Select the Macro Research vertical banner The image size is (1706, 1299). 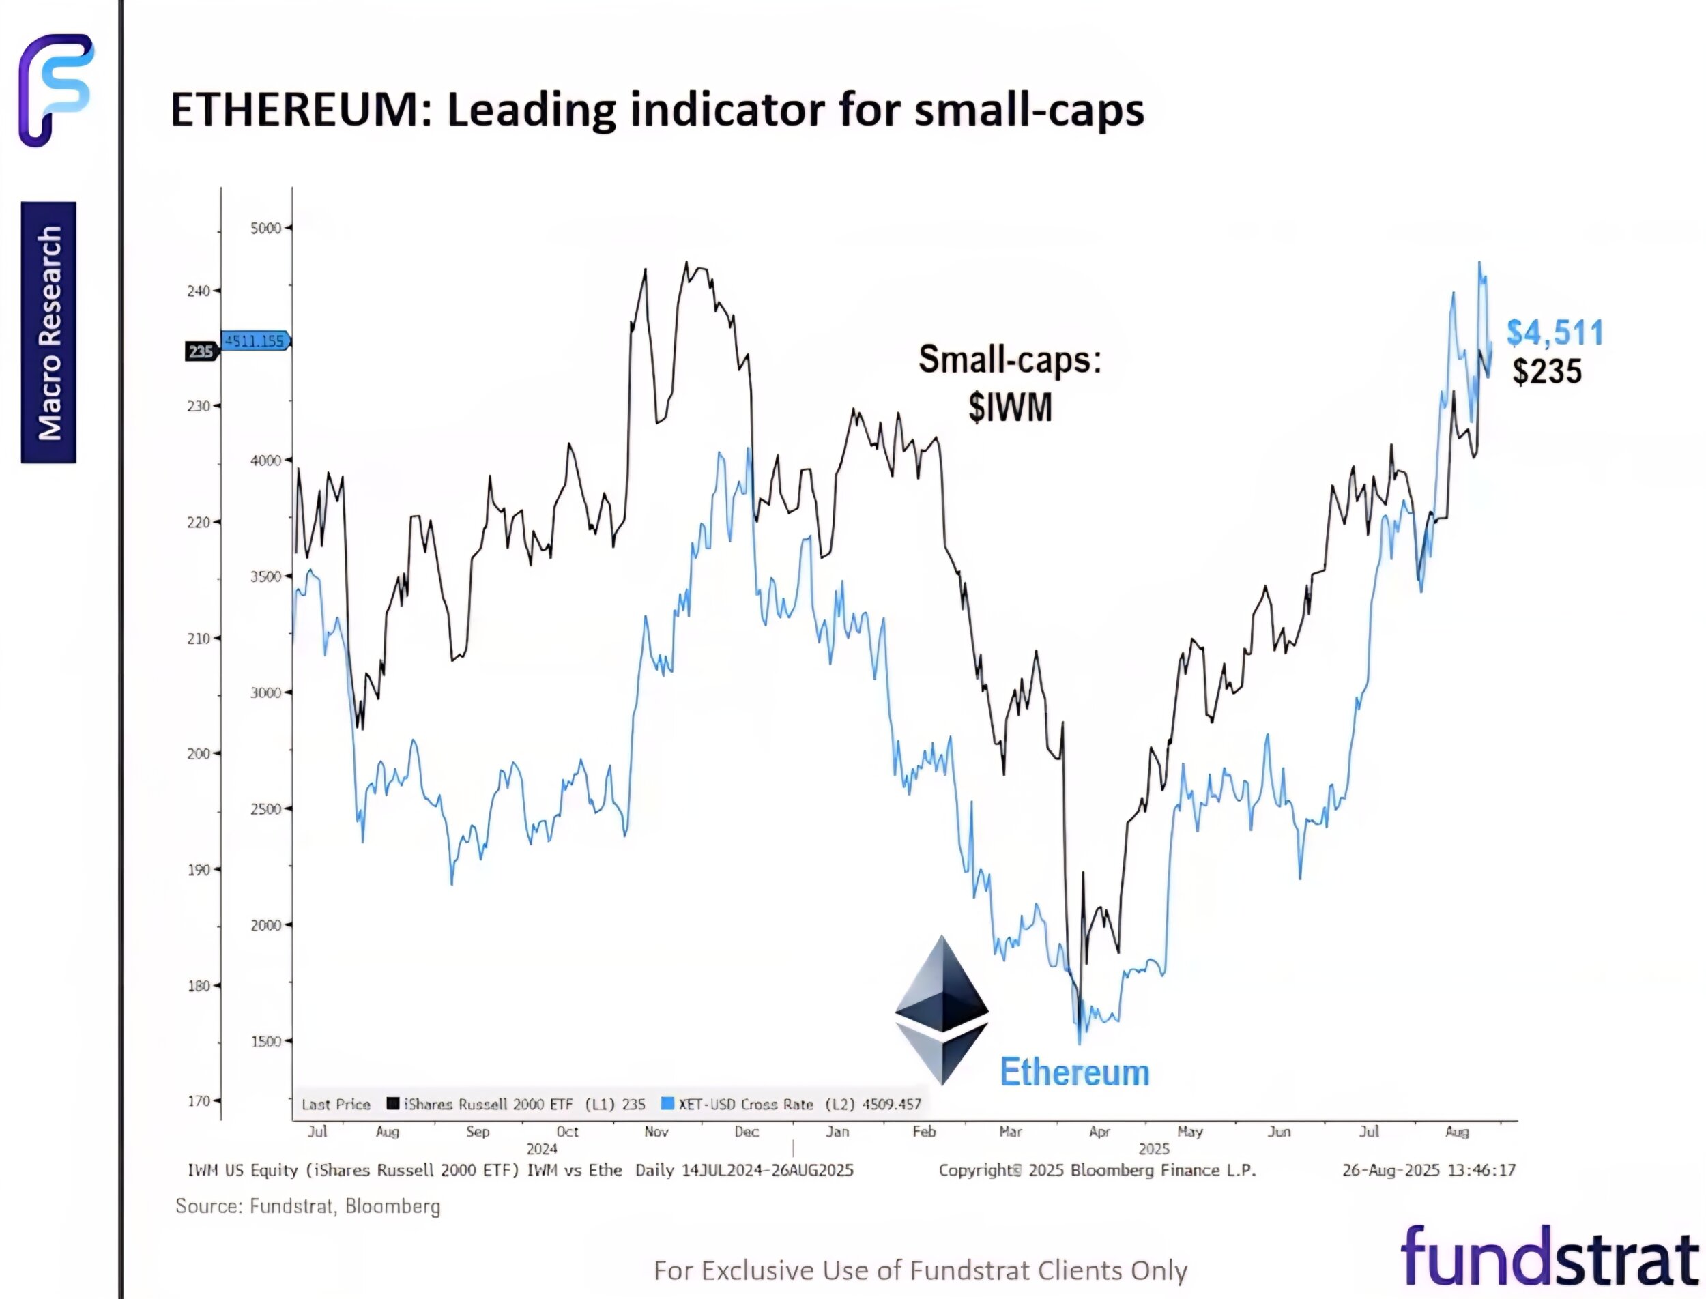[x=48, y=332]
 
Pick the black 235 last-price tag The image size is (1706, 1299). [x=201, y=352]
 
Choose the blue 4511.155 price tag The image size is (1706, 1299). [x=256, y=341]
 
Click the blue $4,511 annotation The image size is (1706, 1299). [x=1555, y=333]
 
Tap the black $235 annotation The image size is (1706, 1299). [x=1547, y=372]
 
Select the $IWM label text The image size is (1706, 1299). [x=1010, y=407]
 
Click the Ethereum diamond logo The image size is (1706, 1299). [x=941, y=1009]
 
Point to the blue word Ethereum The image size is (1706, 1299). [x=1074, y=1072]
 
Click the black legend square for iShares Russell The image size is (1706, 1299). [x=393, y=1103]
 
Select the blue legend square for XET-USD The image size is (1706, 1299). [x=667, y=1103]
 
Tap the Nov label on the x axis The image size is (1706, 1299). [x=656, y=1132]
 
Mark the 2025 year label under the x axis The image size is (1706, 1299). [x=1154, y=1149]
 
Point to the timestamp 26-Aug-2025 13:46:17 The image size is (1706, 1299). [x=1428, y=1171]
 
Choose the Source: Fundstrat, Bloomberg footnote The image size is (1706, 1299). [x=308, y=1206]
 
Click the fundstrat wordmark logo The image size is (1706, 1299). [x=1549, y=1258]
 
